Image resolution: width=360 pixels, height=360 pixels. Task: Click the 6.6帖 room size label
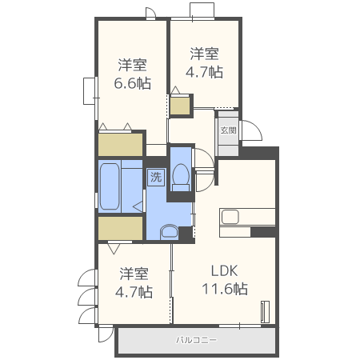click(x=133, y=83)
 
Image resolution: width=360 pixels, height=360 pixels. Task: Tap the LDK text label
click(x=224, y=271)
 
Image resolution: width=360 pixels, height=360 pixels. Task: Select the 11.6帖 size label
click(x=225, y=289)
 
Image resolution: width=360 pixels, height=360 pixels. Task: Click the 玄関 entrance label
click(x=228, y=130)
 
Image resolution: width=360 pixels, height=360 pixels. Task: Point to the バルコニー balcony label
click(x=196, y=340)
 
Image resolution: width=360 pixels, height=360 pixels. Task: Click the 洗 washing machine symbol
click(x=156, y=177)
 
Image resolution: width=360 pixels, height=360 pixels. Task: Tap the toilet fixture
click(x=181, y=177)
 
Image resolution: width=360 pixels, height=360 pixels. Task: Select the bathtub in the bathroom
click(x=110, y=186)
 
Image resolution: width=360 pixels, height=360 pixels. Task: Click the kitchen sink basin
click(x=230, y=217)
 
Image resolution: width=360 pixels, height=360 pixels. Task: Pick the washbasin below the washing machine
click(x=170, y=231)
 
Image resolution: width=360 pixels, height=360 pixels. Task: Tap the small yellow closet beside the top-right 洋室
click(x=180, y=106)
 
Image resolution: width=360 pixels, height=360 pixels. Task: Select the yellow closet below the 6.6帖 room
click(x=121, y=145)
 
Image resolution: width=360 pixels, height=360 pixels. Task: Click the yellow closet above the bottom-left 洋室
click(x=121, y=228)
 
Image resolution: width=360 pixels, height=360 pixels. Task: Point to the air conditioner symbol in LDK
click(x=266, y=312)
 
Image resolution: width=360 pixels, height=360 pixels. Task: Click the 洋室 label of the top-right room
click(x=204, y=54)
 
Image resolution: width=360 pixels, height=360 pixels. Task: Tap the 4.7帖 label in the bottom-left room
click(x=134, y=292)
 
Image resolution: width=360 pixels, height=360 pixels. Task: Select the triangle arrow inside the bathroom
click(x=138, y=206)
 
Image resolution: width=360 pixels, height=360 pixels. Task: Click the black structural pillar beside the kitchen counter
click(x=263, y=231)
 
